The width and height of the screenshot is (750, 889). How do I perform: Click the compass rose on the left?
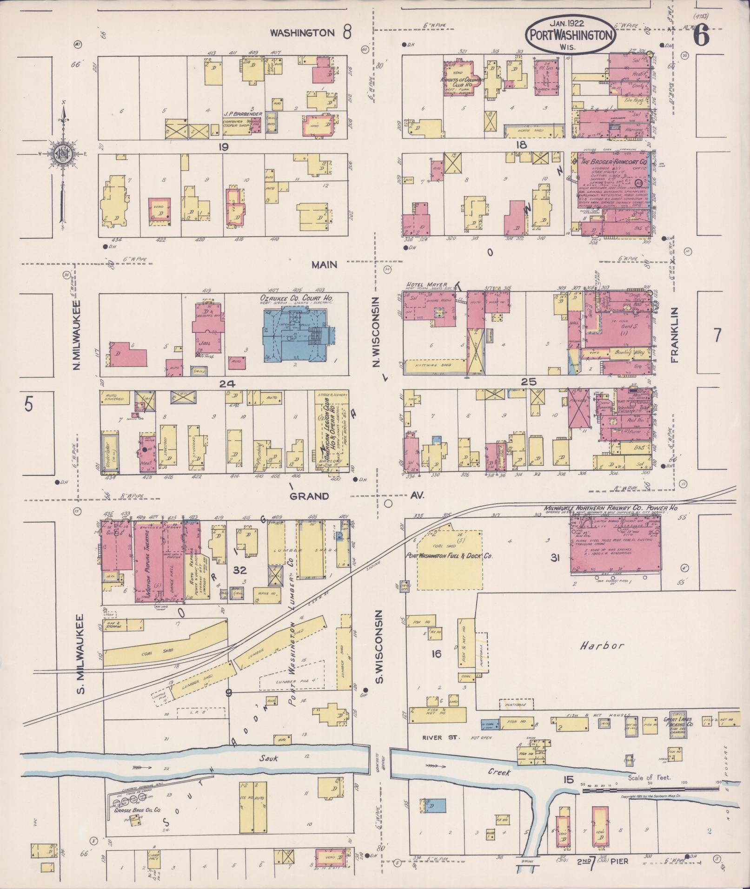click(x=63, y=155)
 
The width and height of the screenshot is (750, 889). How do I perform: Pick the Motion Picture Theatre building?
click(x=149, y=560)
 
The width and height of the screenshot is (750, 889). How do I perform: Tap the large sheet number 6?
click(x=702, y=35)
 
